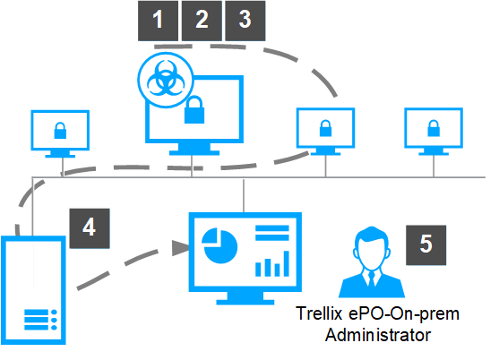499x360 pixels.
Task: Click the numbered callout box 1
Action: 158,21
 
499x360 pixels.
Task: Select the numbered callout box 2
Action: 202,21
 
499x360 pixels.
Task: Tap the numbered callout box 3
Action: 245,21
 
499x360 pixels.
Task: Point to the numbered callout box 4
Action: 90,228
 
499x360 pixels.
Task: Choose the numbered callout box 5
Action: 426,244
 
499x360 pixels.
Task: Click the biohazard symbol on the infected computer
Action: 166,80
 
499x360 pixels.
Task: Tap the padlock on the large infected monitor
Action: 194,110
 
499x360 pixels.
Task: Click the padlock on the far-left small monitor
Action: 60,131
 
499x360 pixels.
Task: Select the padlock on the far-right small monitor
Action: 434,128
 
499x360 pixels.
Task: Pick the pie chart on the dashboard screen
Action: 219,246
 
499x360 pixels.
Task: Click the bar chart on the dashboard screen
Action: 272,264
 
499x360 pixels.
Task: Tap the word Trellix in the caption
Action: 319,313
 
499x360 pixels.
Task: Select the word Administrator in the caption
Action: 378,335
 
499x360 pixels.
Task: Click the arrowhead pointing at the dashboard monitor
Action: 181,248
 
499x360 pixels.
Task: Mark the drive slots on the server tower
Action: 40,320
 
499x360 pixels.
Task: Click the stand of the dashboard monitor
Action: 245,298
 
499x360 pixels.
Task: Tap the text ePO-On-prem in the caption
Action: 404,314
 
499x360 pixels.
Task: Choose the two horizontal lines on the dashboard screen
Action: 272,233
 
